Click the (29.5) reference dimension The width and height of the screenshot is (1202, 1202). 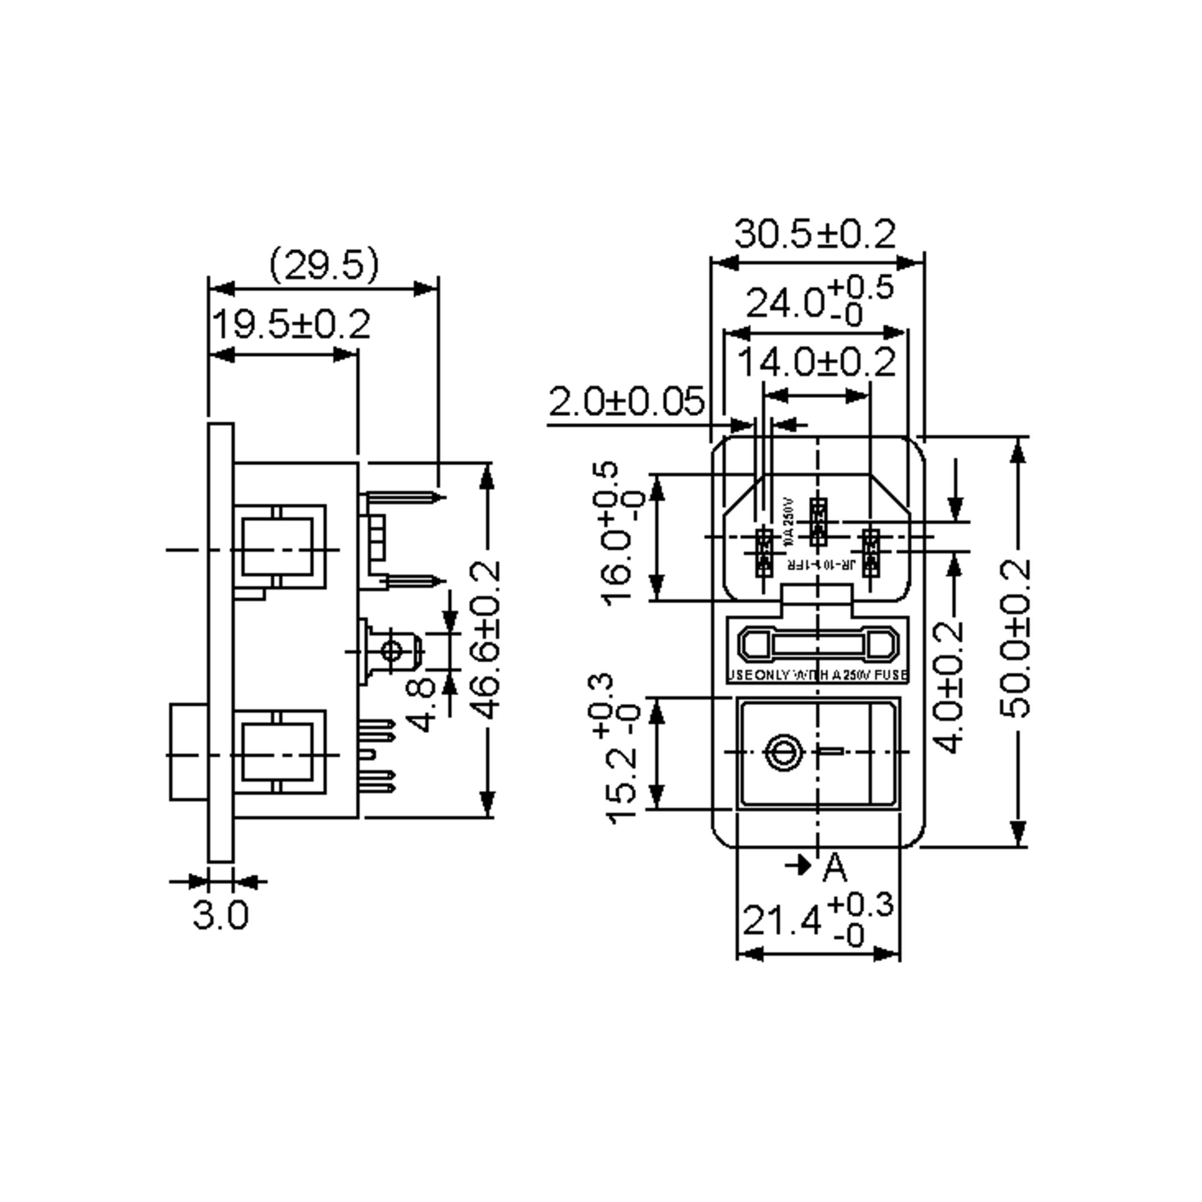324,264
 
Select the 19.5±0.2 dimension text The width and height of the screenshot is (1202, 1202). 291,325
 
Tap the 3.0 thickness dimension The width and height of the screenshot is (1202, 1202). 220,915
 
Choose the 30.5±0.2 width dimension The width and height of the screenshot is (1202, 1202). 814,234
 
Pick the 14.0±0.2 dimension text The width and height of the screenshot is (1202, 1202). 816,362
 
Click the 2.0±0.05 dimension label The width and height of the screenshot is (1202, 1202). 627,402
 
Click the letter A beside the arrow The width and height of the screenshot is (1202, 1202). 834,868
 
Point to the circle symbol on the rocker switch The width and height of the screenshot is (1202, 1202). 783,753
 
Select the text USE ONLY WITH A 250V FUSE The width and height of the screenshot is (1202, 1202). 817,676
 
